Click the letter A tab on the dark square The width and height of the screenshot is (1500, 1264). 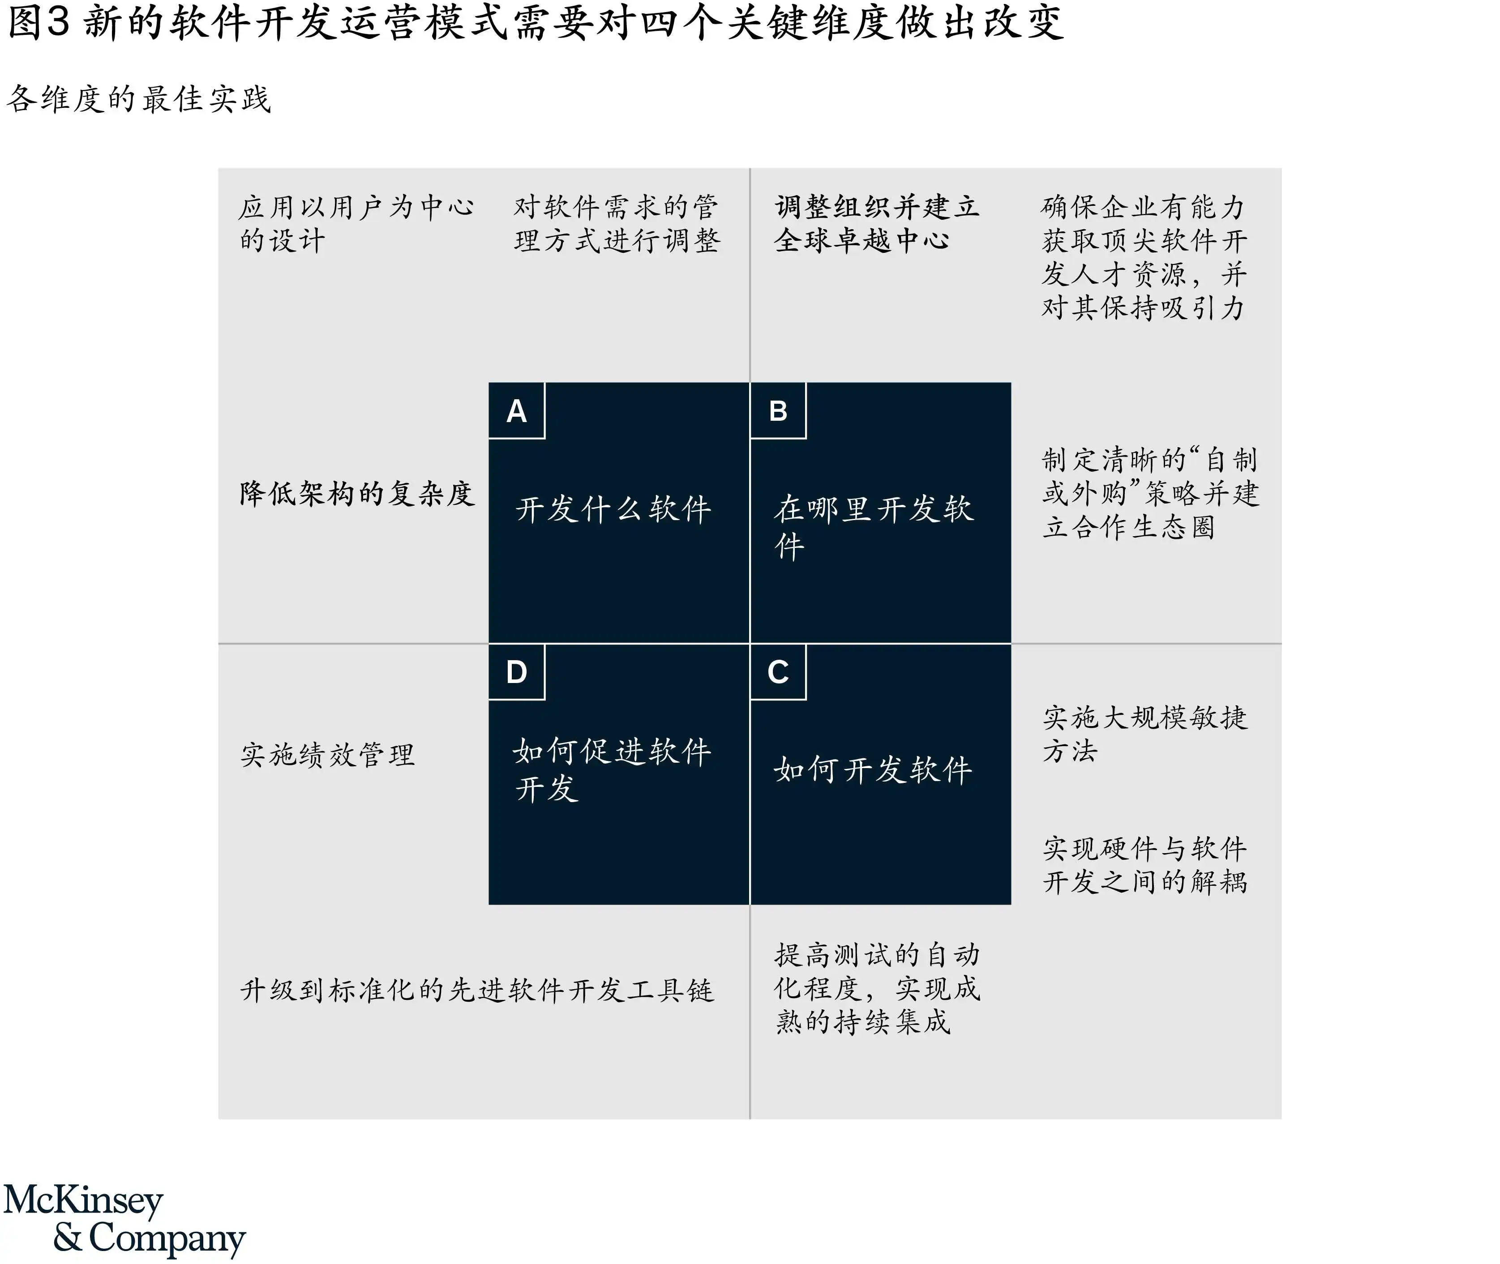pos(517,410)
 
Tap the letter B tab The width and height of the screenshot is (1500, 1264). pos(778,410)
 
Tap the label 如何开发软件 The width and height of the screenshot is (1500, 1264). pos(873,769)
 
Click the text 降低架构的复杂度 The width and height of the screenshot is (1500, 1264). pos(357,493)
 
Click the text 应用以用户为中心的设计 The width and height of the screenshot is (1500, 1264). pos(356,223)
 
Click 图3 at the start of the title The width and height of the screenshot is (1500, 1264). pos(39,21)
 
